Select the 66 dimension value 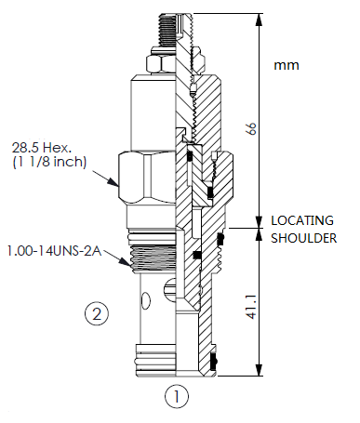249,128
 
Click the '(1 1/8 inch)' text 48,163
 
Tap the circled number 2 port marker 98,314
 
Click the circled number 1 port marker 177,397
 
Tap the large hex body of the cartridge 149,175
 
